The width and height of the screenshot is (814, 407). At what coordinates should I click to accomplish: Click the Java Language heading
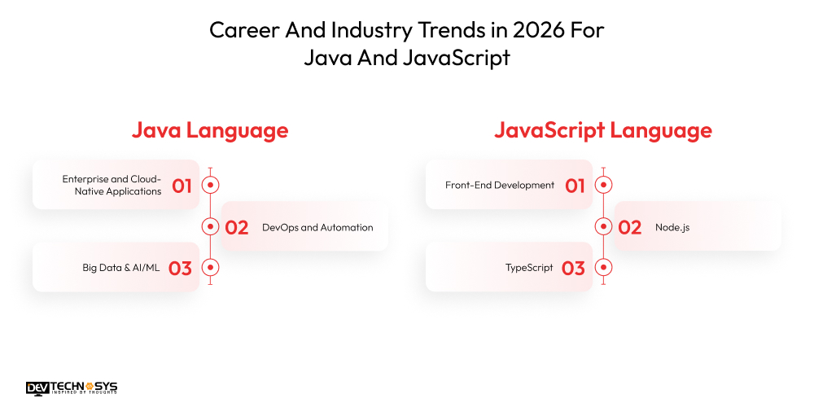(210, 130)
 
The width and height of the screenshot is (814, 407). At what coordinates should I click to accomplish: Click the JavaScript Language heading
(602, 130)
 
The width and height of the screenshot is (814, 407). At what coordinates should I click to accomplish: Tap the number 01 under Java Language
(182, 186)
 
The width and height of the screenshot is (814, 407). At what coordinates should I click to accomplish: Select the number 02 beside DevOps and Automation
(237, 228)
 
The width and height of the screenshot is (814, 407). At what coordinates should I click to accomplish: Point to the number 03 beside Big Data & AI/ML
(180, 268)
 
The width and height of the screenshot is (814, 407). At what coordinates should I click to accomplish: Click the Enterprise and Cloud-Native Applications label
(112, 185)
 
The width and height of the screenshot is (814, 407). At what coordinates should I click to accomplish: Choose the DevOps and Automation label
(317, 228)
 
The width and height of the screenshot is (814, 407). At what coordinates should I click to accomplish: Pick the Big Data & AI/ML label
(120, 268)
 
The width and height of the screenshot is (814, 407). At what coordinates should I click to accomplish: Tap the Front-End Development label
(500, 186)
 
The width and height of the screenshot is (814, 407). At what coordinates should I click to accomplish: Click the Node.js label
(672, 228)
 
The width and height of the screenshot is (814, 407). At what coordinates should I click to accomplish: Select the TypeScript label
(529, 268)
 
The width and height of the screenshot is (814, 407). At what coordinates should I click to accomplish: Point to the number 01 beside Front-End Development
(575, 186)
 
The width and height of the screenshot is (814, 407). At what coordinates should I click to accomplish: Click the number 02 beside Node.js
(630, 228)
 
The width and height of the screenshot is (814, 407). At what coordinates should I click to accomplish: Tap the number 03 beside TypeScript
(573, 268)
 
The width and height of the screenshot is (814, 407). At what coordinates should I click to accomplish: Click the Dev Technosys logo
(72, 387)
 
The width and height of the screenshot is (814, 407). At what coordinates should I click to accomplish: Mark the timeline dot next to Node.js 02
(603, 226)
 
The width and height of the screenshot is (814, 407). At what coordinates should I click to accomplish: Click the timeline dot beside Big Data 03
(210, 267)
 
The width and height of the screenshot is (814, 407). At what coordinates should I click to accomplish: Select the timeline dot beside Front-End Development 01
(603, 185)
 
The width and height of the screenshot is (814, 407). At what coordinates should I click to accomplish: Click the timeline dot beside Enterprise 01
(210, 185)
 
